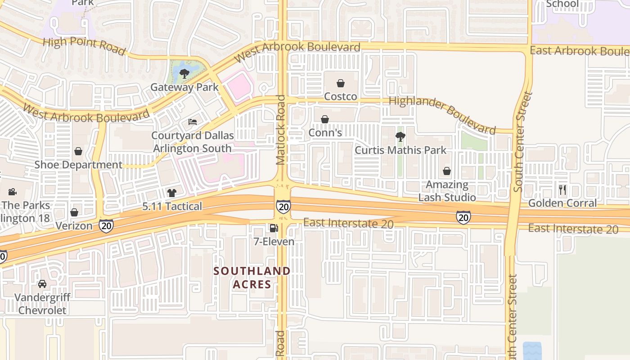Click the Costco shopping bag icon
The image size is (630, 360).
341,83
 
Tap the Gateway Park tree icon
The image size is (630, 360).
184,73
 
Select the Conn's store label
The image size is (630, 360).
325,133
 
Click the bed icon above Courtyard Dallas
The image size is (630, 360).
193,122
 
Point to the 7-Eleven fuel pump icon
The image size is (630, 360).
273,228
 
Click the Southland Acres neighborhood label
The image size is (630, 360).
252,278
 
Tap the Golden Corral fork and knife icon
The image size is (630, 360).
562,190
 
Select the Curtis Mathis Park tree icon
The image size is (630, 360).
400,137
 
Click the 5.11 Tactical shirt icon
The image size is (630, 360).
172,193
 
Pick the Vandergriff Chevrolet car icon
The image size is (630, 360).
42,284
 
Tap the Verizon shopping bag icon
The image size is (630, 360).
74,212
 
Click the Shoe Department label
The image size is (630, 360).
78,165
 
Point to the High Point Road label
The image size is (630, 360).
84,46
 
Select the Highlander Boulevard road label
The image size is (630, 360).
442,115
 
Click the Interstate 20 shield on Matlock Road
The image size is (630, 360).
283,207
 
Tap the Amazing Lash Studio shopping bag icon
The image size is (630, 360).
447,171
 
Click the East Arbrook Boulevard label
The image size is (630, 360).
580,51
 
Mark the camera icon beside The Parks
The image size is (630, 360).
12,192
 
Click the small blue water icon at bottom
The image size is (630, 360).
532,351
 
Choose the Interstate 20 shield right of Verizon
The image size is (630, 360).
106,225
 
